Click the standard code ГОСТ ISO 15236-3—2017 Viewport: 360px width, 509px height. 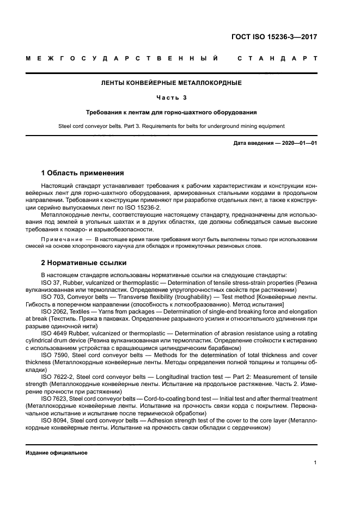tap(274, 38)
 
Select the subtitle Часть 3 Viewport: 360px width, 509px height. tap(172, 98)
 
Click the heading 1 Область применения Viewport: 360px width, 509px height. tap(82, 173)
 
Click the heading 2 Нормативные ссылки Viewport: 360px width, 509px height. tap(83, 262)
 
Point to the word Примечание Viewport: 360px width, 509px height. tap(60, 239)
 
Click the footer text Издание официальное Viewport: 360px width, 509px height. tap(57, 452)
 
